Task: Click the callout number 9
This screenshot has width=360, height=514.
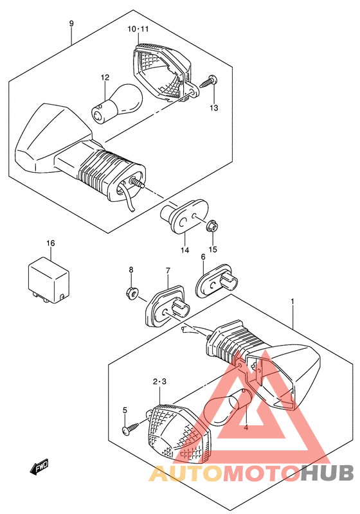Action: [71, 24]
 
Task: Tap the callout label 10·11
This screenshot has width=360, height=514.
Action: [138, 29]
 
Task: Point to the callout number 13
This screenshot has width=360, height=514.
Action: [214, 108]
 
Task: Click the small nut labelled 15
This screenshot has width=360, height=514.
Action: [213, 226]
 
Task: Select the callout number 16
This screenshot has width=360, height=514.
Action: [51, 244]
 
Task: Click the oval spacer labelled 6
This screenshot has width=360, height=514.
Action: [217, 283]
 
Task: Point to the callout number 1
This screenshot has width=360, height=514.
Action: [292, 301]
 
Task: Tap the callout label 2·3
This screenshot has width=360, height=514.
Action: [159, 382]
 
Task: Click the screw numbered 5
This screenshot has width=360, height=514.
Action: [131, 429]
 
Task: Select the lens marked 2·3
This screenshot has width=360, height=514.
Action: [179, 434]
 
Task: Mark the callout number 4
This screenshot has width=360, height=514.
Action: [246, 428]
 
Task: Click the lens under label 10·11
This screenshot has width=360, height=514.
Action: [164, 71]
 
